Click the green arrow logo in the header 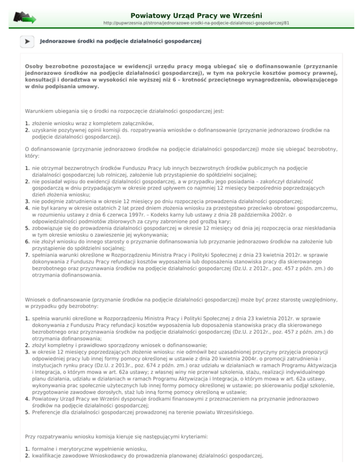(25, 17)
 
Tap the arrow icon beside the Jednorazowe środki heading (28, 42)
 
